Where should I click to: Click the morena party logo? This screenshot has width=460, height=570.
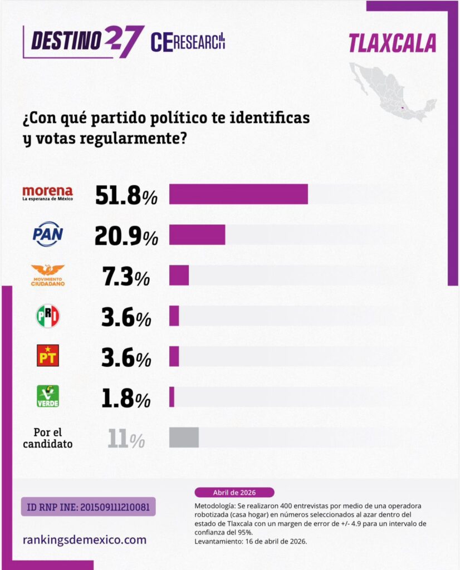tap(47, 194)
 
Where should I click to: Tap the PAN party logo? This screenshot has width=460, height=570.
tap(48, 234)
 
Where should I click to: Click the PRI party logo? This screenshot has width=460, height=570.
tap(48, 316)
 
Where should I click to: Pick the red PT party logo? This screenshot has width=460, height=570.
tap(48, 356)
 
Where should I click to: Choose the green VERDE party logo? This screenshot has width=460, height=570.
tap(48, 396)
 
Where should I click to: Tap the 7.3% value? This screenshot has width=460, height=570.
tap(126, 277)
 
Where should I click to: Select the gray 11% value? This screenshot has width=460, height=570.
tap(126, 439)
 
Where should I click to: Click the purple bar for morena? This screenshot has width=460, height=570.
tap(238, 194)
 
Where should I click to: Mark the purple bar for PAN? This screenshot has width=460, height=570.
tap(197, 235)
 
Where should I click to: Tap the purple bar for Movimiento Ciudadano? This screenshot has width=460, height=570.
tap(179, 276)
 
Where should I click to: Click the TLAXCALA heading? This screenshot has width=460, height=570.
tap(392, 44)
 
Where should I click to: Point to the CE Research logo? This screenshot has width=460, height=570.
tap(188, 42)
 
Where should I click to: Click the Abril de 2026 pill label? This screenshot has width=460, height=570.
tap(234, 493)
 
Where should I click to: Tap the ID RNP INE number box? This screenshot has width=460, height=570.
tap(89, 507)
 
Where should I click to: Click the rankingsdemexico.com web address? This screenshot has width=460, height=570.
tap(85, 539)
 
